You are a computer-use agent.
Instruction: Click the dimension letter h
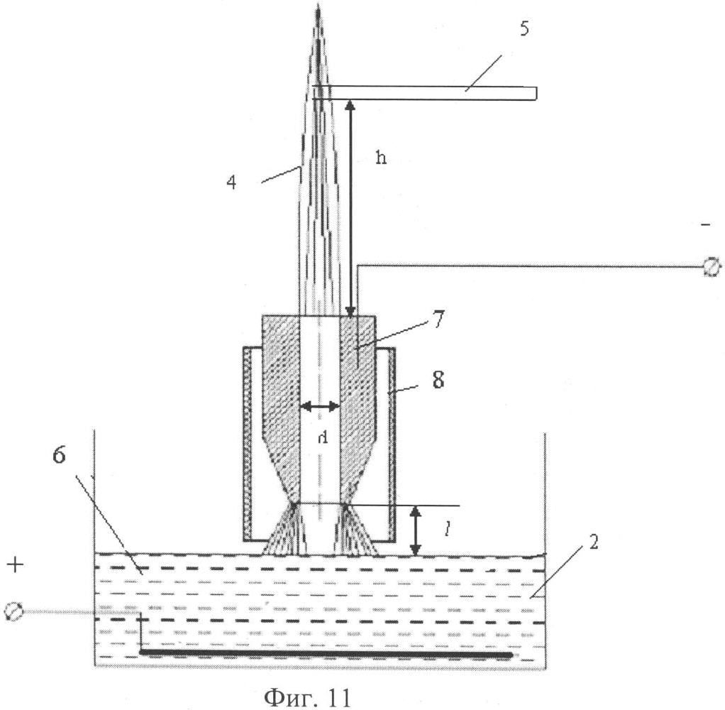(382, 159)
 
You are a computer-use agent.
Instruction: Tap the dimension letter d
(322, 437)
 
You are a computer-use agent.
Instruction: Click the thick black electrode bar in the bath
(326, 652)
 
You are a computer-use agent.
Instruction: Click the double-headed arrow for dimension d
(319, 407)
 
